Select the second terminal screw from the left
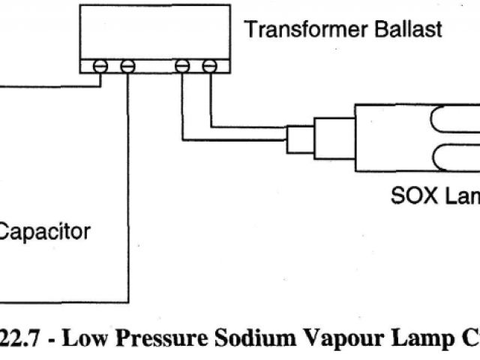coord(128,66)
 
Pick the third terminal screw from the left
coord(182,66)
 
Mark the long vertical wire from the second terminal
coord(128,187)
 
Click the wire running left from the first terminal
coord(45,85)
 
